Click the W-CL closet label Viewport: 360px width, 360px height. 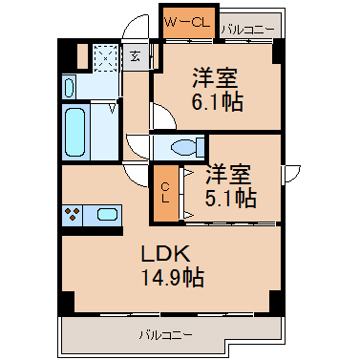coord(186,22)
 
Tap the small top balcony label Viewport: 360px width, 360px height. coord(248,31)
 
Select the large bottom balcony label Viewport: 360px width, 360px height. coord(165,335)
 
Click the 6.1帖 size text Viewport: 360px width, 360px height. coord(218,102)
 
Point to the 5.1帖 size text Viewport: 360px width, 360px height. coord(231,198)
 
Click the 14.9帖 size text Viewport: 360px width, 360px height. coord(172,277)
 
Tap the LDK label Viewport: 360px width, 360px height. coord(165,254)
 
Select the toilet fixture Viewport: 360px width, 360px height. coord(187,148)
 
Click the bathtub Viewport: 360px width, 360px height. coord(75,132)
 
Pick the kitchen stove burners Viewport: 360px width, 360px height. coord(73,214)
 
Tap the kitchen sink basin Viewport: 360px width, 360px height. coord(107,214)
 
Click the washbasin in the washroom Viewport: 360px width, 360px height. coord(69,88)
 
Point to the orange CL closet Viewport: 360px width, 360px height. coord(166,193)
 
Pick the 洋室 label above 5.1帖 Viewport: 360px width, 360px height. coord(228,174)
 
